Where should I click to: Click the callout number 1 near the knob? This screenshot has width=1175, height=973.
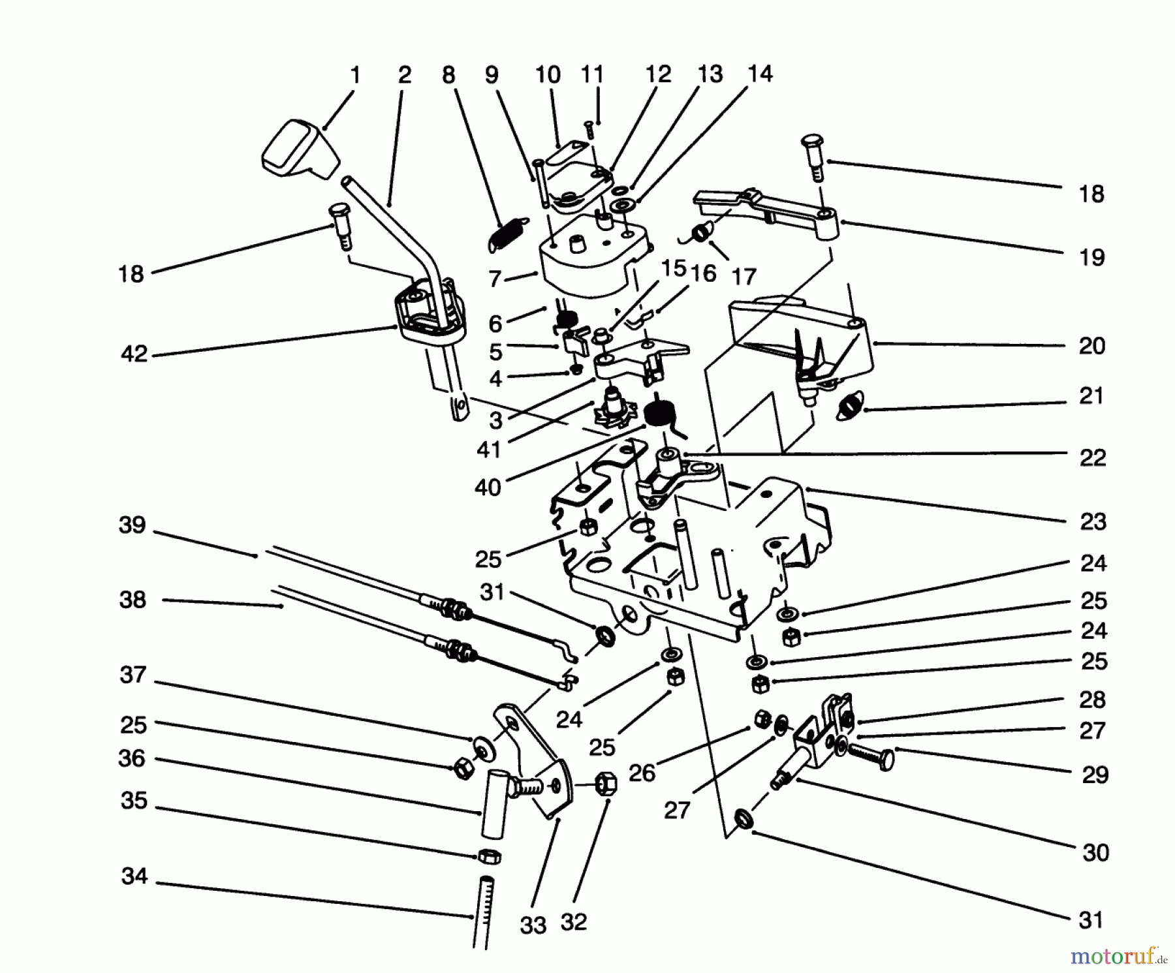[355, 76]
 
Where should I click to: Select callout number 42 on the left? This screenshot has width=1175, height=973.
[134, 354]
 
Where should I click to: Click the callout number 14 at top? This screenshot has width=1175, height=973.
[760, 74]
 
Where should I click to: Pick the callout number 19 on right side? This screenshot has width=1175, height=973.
[1091, 257]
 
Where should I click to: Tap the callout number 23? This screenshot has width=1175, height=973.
[1092, 521]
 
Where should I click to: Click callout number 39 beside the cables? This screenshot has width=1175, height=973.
[132, 525]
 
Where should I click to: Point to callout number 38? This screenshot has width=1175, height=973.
[133, 600]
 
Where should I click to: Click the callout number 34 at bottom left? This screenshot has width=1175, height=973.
[134, 876]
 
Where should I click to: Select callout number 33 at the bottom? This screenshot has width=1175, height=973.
[533, 925]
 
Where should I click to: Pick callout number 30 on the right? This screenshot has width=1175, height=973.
[1095, 852]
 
